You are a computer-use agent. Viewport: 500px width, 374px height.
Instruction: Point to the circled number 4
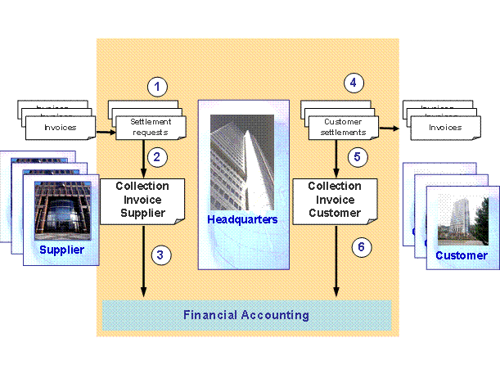click(x=353, y=82)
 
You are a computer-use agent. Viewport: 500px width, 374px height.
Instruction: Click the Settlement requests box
click(x=149, y=127)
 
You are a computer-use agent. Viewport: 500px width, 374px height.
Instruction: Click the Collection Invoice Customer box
click(x=335, y=200)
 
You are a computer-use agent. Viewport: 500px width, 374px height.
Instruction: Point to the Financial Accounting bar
click(x=246, y=315)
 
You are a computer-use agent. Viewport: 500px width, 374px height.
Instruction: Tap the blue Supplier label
click(x=63, y=250)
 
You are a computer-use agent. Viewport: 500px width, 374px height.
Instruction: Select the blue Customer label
click(x=460, y=255)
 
